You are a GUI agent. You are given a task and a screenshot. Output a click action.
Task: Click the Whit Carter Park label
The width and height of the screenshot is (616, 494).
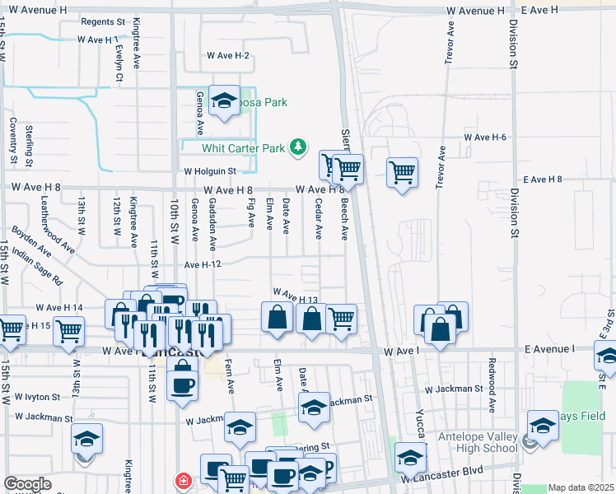(243, 148)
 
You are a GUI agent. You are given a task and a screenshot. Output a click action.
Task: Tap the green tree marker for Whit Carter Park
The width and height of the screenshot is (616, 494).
(298, 148)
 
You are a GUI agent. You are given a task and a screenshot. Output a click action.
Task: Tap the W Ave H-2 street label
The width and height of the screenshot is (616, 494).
(228, 56)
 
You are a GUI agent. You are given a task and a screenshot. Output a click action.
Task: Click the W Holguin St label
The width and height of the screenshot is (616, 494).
(209, 171)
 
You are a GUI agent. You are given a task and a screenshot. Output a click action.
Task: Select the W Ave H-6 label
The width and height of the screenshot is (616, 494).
(485, 137)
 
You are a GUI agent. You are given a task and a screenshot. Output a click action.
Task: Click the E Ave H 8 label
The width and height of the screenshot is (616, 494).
(543, 179)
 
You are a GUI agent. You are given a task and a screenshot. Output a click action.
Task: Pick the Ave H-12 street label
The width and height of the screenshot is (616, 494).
(203, 264)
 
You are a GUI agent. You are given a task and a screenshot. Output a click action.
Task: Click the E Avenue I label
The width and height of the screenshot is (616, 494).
(549, 349)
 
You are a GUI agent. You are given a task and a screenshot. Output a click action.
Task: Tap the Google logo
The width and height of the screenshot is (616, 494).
(27, 484)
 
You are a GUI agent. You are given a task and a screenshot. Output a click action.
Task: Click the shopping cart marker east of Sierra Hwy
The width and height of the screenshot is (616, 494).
(402, 173)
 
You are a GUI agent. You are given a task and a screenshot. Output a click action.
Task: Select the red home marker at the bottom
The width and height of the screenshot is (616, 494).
(182, 481)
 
